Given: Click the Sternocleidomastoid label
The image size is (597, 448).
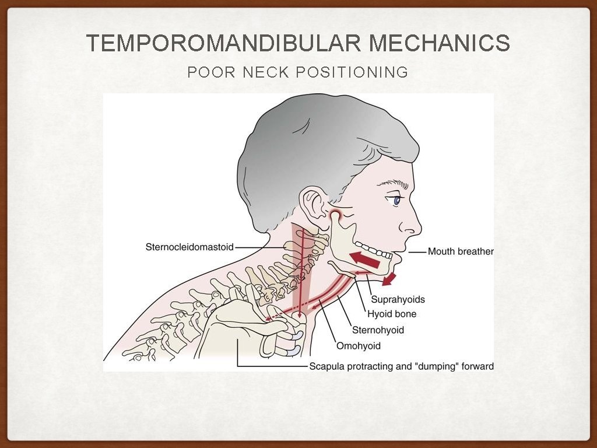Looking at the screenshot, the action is coord(189,247).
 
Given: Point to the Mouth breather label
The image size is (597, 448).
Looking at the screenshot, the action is coord(461,251).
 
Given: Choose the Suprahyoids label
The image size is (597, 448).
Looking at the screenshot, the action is coord(398,299).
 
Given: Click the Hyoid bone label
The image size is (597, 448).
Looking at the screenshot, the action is coord(392,314).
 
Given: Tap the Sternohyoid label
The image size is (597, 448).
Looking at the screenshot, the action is coord(378,330).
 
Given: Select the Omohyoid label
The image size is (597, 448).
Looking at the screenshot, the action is coord(358,346).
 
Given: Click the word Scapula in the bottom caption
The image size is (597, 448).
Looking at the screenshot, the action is coord(326,366).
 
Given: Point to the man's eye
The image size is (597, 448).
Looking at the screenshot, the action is coord(398,201).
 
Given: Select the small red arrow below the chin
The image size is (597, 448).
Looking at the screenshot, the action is coord(389,279).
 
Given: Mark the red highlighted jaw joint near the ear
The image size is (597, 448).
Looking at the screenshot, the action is coord(336,218).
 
